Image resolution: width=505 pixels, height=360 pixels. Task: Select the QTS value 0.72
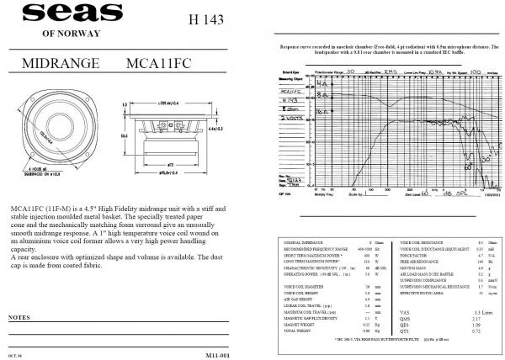(476, 333)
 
